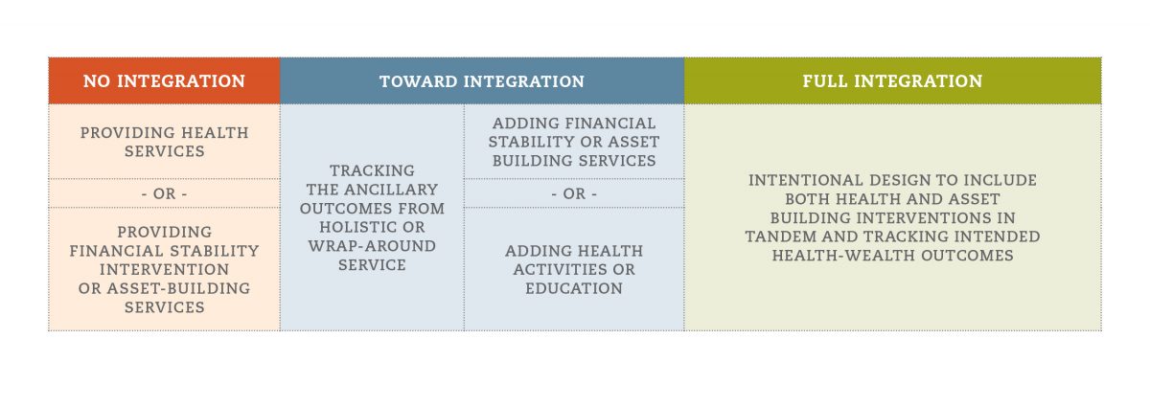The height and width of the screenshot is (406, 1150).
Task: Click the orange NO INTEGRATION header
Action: (164, 80)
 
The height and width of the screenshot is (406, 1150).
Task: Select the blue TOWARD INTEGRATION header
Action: (482, 80)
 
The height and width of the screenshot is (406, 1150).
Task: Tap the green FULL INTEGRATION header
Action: (893, 80)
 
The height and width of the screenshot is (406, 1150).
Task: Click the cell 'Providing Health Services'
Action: (164, 142)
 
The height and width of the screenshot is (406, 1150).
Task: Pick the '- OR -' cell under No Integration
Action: (164, 193)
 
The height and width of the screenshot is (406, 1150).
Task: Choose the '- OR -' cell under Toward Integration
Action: (574, 193)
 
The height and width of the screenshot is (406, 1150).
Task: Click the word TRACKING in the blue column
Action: (372, 170)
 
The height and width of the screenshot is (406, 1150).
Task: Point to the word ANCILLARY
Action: (391, 190)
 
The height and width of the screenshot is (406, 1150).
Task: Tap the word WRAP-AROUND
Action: (372, 246)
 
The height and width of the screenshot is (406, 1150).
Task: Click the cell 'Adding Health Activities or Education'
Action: (574, 269)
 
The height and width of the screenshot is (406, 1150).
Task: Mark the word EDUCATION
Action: (574, 288)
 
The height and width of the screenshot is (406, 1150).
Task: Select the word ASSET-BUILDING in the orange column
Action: (178, 288)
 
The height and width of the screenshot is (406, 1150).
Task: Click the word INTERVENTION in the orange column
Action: (164, 269)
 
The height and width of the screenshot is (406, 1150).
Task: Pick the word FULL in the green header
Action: (825, 81)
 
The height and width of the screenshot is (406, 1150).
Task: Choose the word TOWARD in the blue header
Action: (418, 81)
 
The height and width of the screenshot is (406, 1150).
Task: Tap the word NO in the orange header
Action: (97, 81)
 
